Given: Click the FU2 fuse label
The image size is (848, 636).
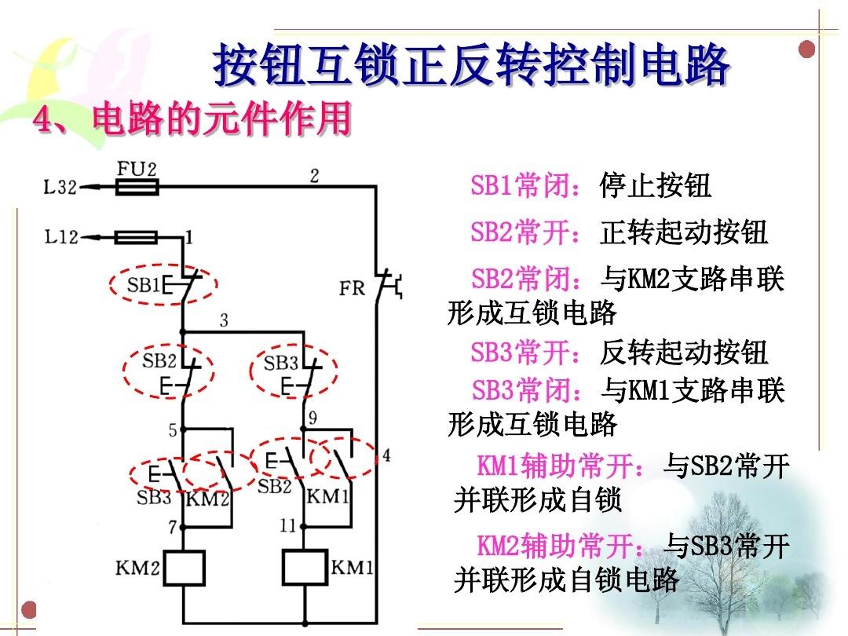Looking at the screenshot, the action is pyautogui.click(x=137, y=169).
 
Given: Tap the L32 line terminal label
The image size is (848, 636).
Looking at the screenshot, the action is pyautogui.click(x=60, y=188).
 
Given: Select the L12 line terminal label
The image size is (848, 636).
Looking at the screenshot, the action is pyautogui.click(x=61, y=237).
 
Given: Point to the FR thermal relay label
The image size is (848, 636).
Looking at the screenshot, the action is pyautogui.click(x=352, y=288).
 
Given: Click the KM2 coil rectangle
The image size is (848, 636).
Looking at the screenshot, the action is pyautogui.click(x=184, y=568).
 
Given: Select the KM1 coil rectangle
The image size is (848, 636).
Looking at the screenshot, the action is pyautogui.click(x=305, y=568).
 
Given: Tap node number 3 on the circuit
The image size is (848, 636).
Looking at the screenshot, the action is pyautogui.click(x=224, y=320).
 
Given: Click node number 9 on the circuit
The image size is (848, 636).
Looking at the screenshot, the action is pyautogui.click(x=313, y=418).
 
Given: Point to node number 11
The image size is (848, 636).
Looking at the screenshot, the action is pyautogui.click(x=287, y=525).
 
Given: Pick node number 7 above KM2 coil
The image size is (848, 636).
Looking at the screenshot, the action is pyautogui.click(x=173, y=527).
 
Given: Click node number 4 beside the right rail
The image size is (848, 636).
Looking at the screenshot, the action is pyautogui.click(x=386, y=455).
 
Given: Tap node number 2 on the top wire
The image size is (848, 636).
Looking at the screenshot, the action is pyautogui.click(x=314, y=176).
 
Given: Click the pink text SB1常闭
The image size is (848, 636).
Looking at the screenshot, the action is pyautogui.click(x=527, y=185).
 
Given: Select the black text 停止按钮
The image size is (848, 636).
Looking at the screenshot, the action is pyautogui.click(x=655, y=185).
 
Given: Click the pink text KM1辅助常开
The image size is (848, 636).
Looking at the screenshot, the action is pyautogui.click(x=561, y=466).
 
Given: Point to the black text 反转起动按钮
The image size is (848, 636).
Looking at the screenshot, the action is pyautogui.click(x=684, y=352).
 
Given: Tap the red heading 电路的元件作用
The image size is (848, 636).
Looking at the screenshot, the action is pyautogui.click(x=221, y=119).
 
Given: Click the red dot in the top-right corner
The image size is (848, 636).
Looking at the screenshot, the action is pyautogui.click(x=807, y=49).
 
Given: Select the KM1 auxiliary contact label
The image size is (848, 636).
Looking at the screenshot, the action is pyautogui.click(x=327, y=496).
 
